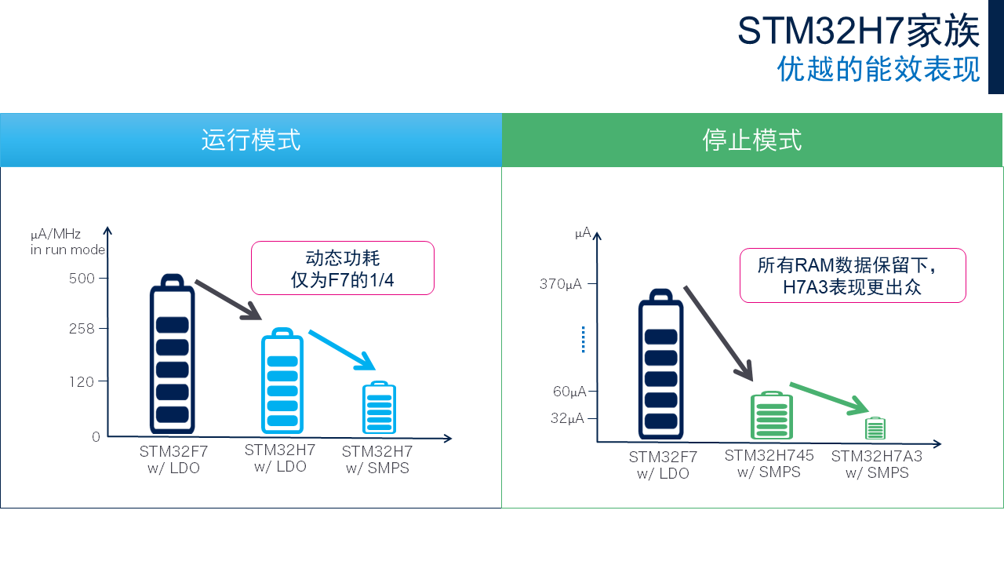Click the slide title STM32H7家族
click(x=858, y=31)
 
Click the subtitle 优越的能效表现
click(x=878, y=69)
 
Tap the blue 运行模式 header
click(x=251, y=140)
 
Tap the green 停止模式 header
click(x=752, y=140)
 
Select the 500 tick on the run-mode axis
click(x=82, y=279)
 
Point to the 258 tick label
click(x=82, y=329)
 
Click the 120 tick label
click(x=82, y=382)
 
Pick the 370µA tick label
click(x=560, y=284)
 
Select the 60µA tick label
click(x=569, y=392)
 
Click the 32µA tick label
click(x=567, y=418)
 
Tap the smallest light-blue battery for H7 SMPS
click(x=380, y=407)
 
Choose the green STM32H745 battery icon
click(x=772, y=416)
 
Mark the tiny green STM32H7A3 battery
click(x=875, y=428)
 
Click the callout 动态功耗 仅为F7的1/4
click(x=342, y=268)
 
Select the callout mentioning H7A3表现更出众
click(x=852, y=275)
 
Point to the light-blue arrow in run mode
click(x=341, y=349)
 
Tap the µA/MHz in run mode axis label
click(x=67, y=242)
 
